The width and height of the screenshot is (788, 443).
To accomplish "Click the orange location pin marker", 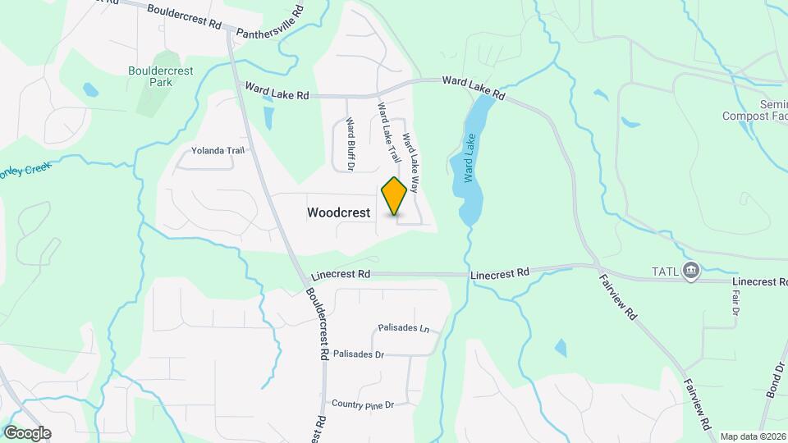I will coord(395,196).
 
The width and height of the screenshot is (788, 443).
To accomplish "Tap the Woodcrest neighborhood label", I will coord(339,212).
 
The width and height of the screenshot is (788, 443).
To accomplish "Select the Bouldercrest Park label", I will coord(161,76).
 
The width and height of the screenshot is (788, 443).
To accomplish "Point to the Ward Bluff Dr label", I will coord(350,145).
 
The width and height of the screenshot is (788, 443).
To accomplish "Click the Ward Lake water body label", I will coord(470,158).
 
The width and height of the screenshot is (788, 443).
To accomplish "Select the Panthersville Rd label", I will coord(270,24).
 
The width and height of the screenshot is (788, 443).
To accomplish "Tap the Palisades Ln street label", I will coord(404,328).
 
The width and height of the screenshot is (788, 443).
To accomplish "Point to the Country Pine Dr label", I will coord(363,404).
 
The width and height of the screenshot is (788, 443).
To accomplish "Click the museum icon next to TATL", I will coord(691,271).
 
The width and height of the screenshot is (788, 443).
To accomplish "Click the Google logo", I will coord(27,433).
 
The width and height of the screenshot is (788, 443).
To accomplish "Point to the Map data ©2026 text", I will coord(754,436).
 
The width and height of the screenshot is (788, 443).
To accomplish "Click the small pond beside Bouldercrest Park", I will coord(89,88).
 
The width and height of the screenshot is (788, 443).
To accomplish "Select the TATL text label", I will coord(665,272).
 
